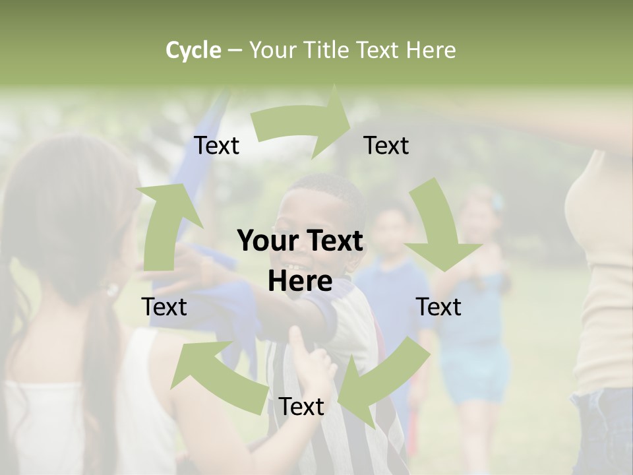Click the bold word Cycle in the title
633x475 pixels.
193,50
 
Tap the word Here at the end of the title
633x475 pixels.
430,50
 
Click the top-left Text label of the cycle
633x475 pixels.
216,146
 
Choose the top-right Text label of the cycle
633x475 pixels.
386,146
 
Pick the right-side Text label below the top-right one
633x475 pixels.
438,307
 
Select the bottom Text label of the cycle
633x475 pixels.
301,407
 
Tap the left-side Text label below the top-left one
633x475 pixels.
164,307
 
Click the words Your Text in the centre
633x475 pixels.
300,241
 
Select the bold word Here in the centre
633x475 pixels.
300,282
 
